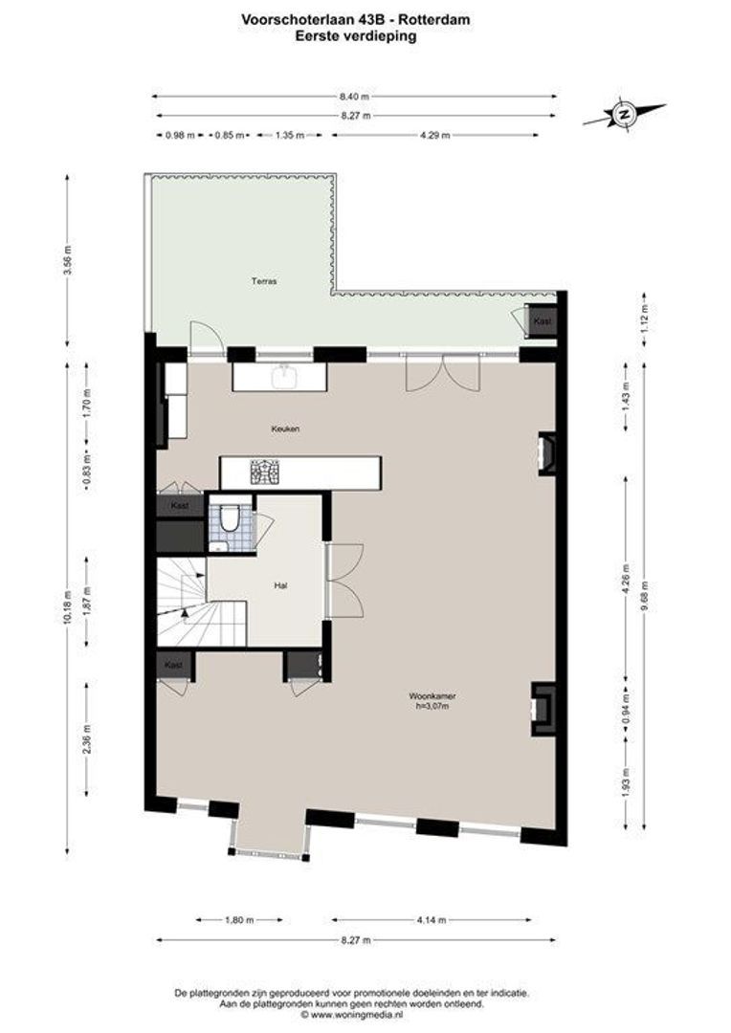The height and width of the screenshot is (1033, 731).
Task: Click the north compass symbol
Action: tap(624, 114)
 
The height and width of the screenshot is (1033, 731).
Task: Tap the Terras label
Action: tap(264, 281)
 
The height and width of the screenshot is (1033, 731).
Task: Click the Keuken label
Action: tap(285, 429)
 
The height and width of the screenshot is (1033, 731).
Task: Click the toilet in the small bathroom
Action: tap(229, 520)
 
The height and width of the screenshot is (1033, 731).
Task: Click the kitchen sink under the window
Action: tap(285, 377)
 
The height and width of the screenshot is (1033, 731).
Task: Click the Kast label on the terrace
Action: tap(543, 320)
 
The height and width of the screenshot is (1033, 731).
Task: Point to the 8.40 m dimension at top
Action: tap(353, 96)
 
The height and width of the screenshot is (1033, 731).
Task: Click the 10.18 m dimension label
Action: tap(66, 603)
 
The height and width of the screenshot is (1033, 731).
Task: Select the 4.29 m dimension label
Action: tap(434, 135)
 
